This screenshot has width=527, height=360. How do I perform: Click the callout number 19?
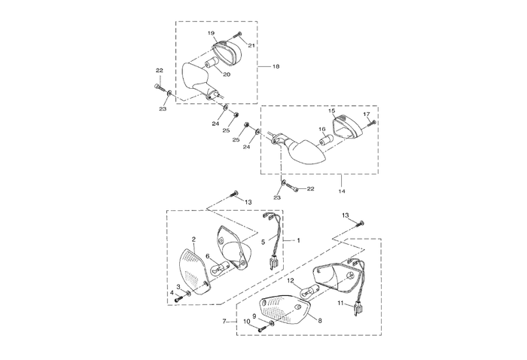point(211,33)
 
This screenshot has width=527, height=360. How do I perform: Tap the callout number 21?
point(251,46)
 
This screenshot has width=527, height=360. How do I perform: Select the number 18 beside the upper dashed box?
point(276,66)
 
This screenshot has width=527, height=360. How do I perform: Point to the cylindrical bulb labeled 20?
point(211,63)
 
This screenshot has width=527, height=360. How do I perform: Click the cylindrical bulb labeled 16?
point(325,139)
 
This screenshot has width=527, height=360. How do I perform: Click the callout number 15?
point(332,111)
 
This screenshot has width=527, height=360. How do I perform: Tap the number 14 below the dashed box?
point(342,191)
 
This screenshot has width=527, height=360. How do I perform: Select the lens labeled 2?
point(194,272)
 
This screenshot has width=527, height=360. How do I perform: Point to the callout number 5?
point(263,242)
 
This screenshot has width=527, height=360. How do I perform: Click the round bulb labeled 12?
point(308,291)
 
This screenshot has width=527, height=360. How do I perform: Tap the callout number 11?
point(340,304)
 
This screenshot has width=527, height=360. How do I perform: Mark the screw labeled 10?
point(262,329)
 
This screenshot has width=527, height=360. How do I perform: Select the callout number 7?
point(224,322)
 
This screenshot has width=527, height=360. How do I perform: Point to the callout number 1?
point(298,240)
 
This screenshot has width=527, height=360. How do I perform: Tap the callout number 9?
point(254,316)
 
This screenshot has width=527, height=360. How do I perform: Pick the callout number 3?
point(178,287)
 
